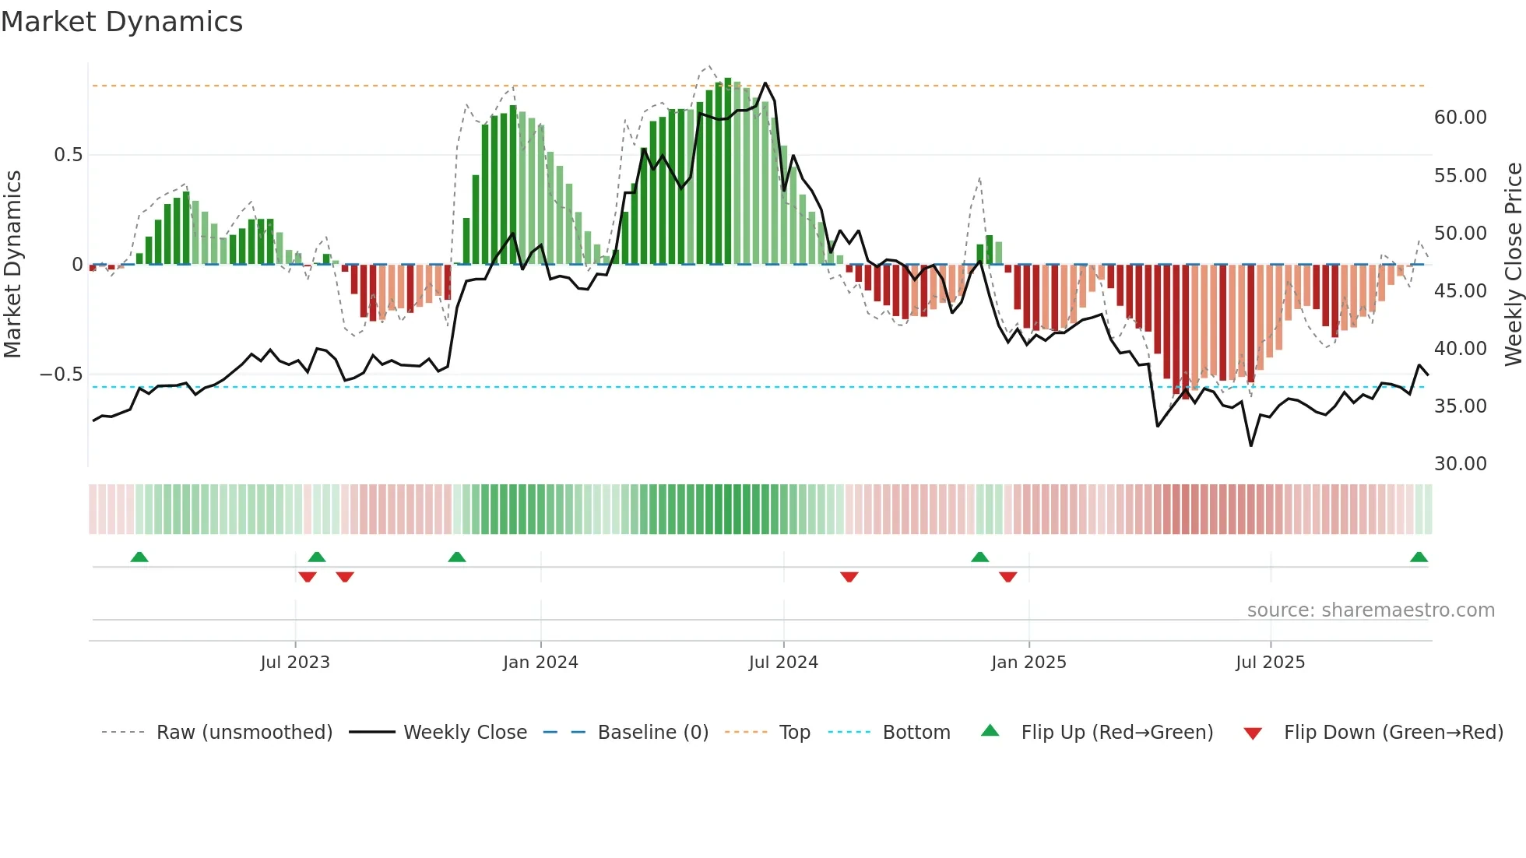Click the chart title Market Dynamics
pos(121,22)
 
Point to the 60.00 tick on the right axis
pos(1460,118)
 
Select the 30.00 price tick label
pos(1460,464)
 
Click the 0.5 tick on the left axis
pos(68,155)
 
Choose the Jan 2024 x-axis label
pos(540,663)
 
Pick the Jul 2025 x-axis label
pos(1270,663)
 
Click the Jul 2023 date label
pos(295,663)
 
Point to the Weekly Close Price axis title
pos(1513,264)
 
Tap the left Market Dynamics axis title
pos(12,264)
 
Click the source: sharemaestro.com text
pos(1370,610)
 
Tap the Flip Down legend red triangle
pos(1253,733)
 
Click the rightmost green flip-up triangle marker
pos(1419,557)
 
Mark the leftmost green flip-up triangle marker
pos(139,557)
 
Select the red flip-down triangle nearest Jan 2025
pos(1008,577)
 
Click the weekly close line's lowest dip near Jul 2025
pos(1251,445)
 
